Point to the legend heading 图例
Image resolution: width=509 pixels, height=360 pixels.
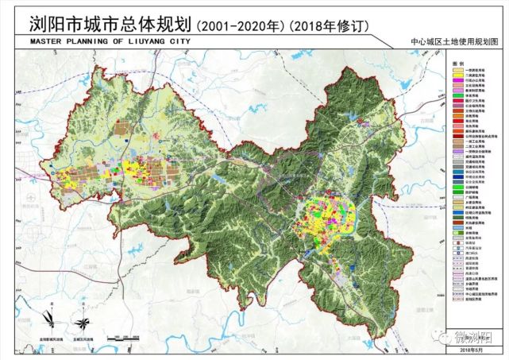click(458, 62)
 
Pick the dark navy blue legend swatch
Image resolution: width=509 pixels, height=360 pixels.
click(457, 174)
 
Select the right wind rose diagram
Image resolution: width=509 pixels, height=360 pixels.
click(83, 323)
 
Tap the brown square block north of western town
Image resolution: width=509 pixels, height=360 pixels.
click(120, 128)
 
